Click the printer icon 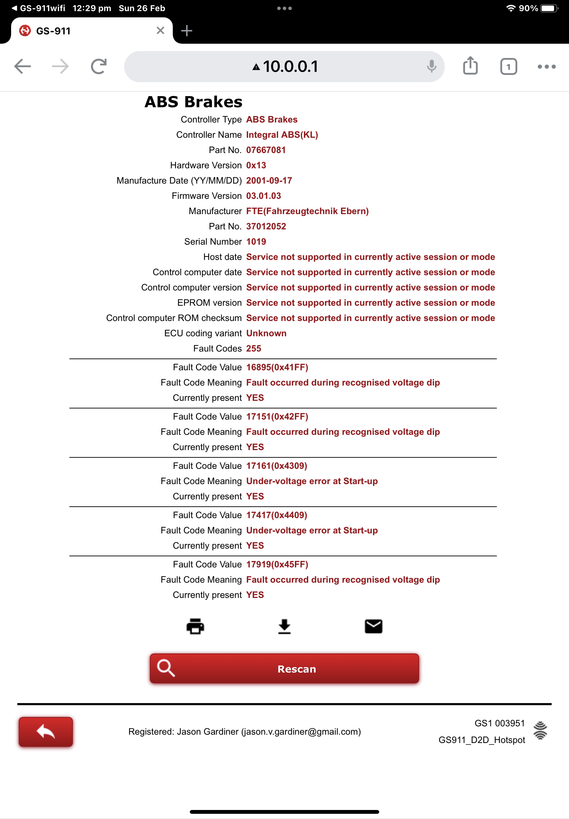[195, 626]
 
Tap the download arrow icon [284, 626]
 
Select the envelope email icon [373, 626]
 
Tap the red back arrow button [46, 731]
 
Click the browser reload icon [99, 66]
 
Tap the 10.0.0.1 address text [290, 67]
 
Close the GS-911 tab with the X [160, 31]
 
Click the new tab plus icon [186, 31]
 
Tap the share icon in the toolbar [470, 66]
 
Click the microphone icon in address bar [431, 66]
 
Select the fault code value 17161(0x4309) [276, 466]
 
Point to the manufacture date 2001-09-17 [269, 180]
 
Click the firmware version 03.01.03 [263, 196]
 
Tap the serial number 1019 [256, 242]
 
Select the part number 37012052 [266, 226]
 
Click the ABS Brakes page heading [193, 102]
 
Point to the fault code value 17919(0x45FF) [277, 564]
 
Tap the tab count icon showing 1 [508, 66]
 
